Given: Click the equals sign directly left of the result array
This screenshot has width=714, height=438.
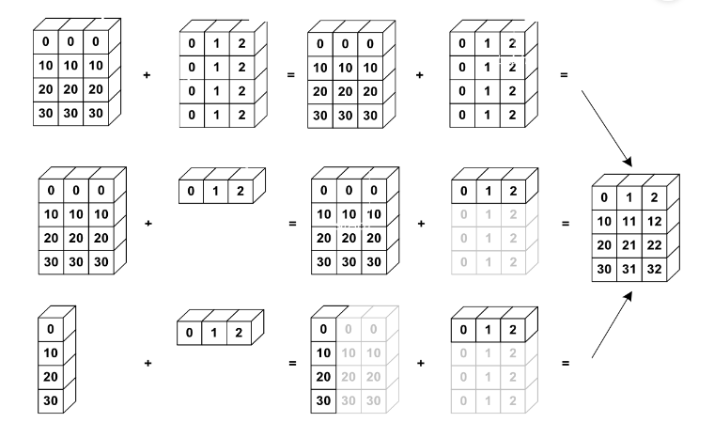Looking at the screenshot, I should tap(564, 224).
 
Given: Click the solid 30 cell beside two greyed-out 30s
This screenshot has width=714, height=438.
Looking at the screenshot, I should tap(322, 399).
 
